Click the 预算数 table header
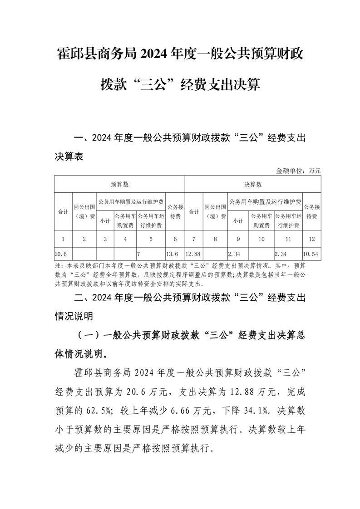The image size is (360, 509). [x=119, y=184]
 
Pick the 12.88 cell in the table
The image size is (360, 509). [x=194, y=254]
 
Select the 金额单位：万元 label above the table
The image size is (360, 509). [x=298, y=171]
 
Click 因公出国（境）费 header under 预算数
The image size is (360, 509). [x=84, y=211]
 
